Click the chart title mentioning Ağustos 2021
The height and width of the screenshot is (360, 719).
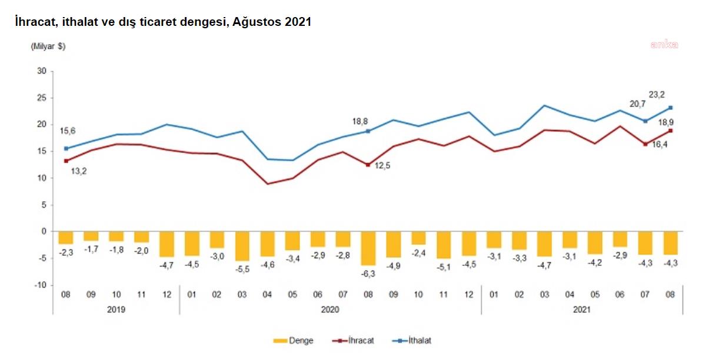point(163,22)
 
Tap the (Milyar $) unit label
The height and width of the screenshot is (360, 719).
point(48,46)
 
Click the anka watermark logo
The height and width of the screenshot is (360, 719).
point(664,44)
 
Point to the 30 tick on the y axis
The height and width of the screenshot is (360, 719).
point(42,71)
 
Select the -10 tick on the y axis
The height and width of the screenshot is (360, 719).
point(41,285)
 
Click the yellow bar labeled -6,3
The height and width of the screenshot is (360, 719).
point(368,248)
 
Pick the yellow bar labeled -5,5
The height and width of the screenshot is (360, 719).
point(242,246)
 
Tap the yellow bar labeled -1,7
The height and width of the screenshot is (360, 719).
point(91,236)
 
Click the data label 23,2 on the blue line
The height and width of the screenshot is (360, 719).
point(657,95)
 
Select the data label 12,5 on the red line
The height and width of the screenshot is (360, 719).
point(382,165)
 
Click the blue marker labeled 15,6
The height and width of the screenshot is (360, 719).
point(66,149)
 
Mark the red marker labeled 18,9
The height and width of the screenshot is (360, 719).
point(671,131)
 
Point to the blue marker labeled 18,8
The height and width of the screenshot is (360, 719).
point(368,131)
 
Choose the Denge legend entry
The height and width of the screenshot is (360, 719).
point(293,341)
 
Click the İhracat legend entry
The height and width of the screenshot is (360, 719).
point(353,341)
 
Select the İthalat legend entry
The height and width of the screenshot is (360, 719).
point(412,341)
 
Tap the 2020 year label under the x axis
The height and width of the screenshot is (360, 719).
point(330,309)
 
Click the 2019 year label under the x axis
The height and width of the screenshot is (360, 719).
point(116,309)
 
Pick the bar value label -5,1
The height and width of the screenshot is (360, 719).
point(444,267)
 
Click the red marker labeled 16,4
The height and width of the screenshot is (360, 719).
point(645,144)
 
